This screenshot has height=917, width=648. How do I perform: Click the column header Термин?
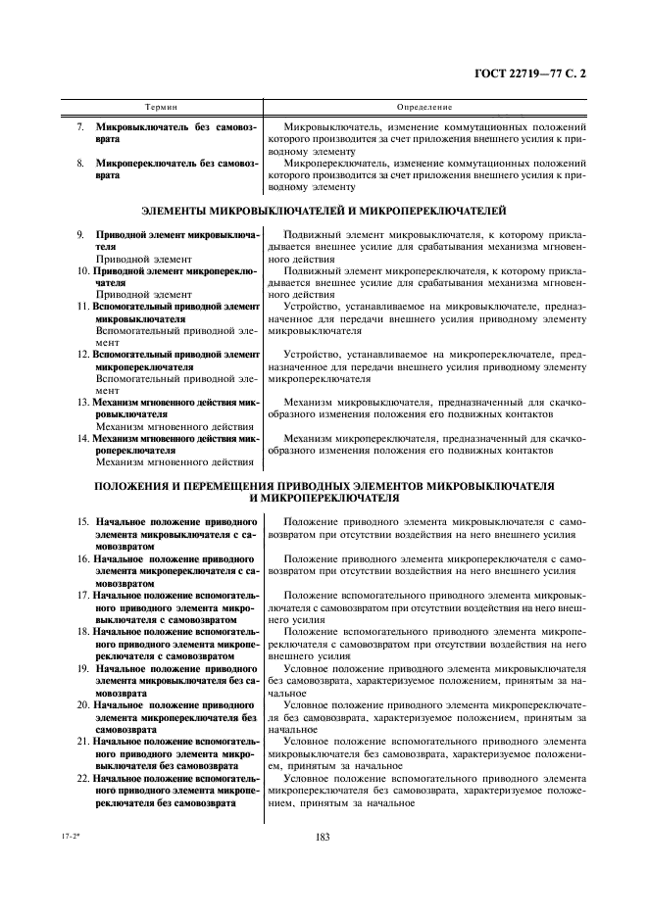[161, 106]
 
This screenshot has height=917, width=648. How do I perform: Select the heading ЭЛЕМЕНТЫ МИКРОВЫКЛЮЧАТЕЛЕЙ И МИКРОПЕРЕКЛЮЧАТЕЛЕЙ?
[324, 210]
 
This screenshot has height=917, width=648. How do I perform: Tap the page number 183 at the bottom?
[324, 837]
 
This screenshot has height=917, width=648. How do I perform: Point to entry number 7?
[80, 127]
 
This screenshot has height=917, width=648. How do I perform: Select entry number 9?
[80, 236]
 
